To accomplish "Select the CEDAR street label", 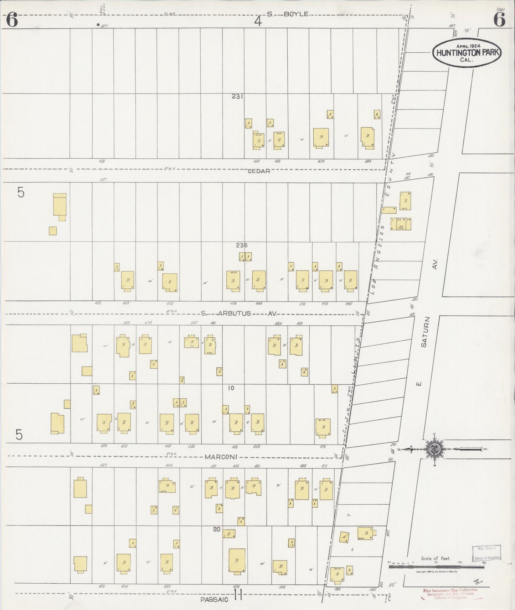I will pyautogui.click(x=259, y=171).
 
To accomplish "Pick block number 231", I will pyautogui.click(x=237, y=96).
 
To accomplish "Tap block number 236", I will pyautogui.click(x=241, y=245).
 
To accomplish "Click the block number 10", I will pyautogui.click(x=231, y=388).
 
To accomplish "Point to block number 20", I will pyautogui.click(x=216, y=529).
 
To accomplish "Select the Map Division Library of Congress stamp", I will pyautogui.click(x=486, y=553).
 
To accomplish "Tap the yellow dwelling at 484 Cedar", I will pyautogui.click(x=367, y=137).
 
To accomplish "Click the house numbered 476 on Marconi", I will pyautogui.click(x=323, y=427).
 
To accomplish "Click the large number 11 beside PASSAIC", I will pyautogui.click(x=238, y=595).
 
